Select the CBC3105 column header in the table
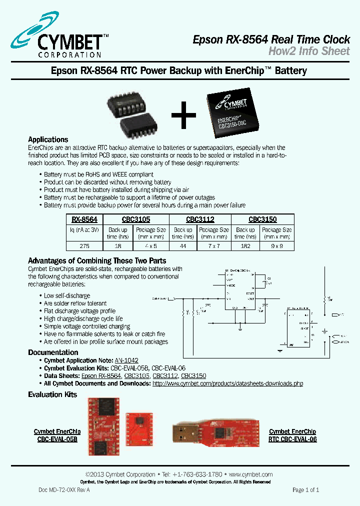(136, 219)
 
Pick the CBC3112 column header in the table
(200, 219)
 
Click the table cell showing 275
(84, 245)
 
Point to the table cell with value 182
(245, 245)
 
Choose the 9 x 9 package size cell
(277, 245)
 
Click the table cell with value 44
(182, 245)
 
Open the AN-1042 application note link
(126, 360)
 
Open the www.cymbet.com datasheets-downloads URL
(227, 383)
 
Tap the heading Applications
(48, 139)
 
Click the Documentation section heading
(53, 352)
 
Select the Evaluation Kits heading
(52, 394)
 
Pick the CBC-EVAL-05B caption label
(57, 439)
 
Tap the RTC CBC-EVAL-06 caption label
(292, 439)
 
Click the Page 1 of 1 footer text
(305, 490)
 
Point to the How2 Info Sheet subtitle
(309, 50)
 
